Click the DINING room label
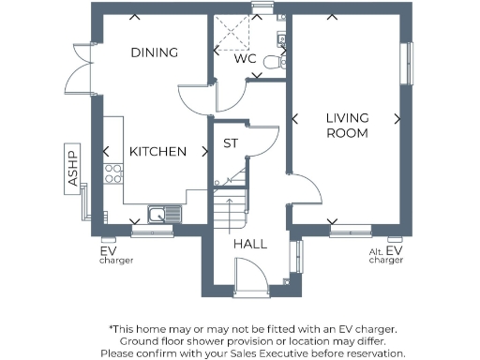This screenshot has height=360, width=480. [155, 52]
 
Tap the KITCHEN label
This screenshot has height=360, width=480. [157, 152]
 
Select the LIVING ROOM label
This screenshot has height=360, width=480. [347, 126]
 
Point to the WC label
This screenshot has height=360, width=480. [245, 58]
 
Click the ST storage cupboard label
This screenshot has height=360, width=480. [230, 143]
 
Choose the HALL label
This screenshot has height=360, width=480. [250, 244]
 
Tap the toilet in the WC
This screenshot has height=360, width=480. [273, 62]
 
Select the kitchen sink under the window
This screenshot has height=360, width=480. [162, 215]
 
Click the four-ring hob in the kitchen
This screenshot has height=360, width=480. [113, 173]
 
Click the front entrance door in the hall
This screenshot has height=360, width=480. [249, 275]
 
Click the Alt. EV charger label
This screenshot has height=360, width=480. [385, 254]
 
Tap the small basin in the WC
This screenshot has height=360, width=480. [281, 38]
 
